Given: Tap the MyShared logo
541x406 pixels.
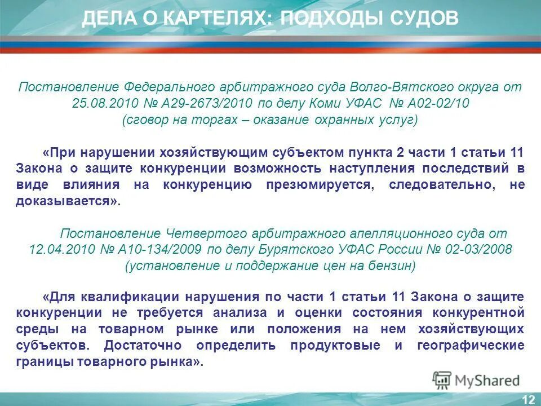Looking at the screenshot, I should (476, 380).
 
